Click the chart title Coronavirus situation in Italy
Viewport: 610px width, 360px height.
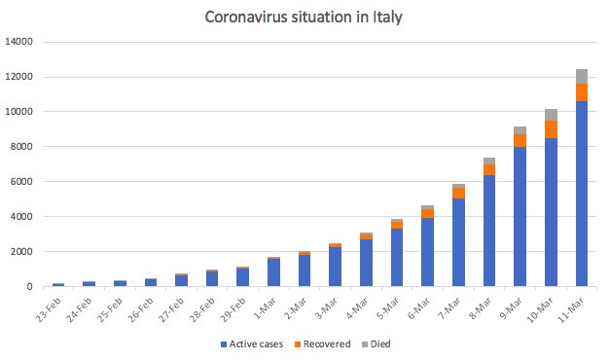coord(305,18)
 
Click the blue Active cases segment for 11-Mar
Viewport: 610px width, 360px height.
coord(582,195)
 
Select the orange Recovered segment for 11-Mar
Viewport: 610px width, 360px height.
coord(582,91)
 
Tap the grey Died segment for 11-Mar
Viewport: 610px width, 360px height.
coord(582,77)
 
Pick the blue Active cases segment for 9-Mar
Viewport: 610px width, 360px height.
coord(520,216)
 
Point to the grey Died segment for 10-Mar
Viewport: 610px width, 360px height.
coord(552,115)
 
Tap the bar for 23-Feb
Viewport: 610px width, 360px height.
coord(58,285)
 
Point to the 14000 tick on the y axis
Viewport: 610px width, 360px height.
coord(18,42)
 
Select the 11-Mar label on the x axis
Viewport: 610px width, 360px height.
coord(575,306)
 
